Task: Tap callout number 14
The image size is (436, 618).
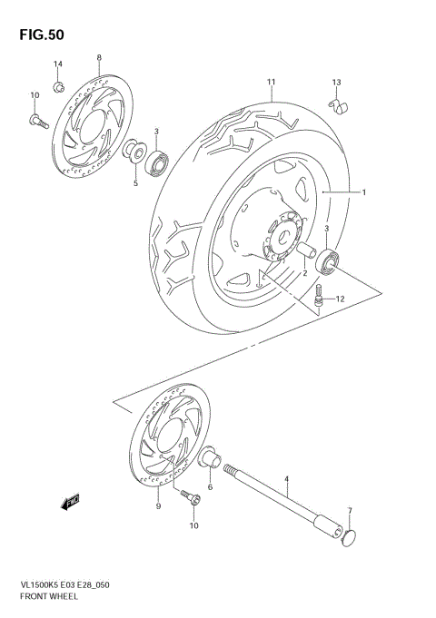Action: click(57, 64)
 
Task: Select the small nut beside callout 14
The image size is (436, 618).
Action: click(57, 86)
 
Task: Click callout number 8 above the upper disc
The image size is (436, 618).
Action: click(98, 58)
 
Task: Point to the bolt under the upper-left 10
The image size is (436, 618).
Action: click(37, 117)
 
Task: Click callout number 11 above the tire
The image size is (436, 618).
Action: click(271, 83)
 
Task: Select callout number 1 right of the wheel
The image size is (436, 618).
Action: click(363, 192)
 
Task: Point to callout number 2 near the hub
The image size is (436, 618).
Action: click(305, 272)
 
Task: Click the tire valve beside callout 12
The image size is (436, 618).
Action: click(320, 298)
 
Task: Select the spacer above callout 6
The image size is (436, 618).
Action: click(208, 459)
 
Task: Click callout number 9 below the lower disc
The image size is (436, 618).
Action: click(158, 506)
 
